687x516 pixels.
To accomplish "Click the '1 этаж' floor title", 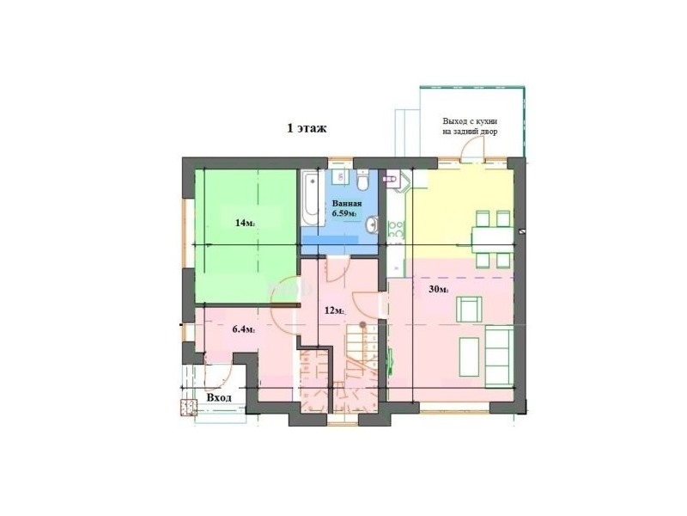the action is (307, 128).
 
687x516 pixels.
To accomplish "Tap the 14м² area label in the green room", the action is (245, 223).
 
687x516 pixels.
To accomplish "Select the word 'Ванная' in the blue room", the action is (347, 204).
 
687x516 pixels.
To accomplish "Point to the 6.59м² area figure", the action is (344, 213).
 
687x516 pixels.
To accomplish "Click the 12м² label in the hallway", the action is (334, 311).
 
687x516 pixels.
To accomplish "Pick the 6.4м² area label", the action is (244, 329).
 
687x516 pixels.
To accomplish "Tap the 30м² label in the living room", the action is (439, 290).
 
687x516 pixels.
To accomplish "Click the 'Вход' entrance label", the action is (219, 398).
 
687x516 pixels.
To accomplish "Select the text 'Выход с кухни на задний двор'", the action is (470, 126).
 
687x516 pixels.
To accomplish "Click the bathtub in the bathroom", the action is (311, 199).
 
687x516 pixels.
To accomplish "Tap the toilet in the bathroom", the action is (362, 180).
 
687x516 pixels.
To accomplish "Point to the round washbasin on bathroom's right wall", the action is (372, 224).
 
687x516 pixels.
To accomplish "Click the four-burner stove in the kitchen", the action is (396, 230).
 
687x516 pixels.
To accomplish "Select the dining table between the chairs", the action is (492, 240).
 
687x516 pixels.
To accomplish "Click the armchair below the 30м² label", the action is (469, 309).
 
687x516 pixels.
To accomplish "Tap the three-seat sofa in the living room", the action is (499, 357).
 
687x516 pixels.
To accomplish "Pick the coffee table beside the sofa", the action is (468, 357).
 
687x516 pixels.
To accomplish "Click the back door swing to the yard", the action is (472, 148).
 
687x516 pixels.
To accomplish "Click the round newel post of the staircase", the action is (362, 325).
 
